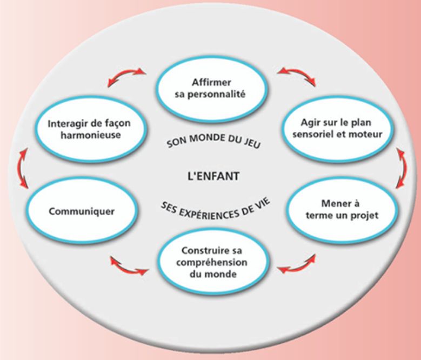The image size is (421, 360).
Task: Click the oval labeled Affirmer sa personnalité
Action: tap(211, 89)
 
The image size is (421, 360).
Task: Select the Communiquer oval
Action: tap(82, 211)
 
